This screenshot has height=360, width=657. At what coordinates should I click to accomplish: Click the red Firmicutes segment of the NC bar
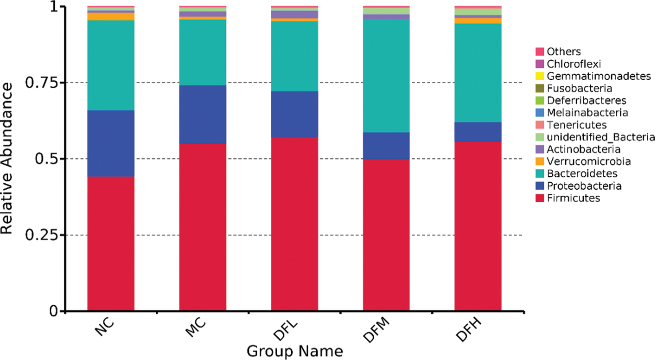pyautogui.click(x=111, y=244)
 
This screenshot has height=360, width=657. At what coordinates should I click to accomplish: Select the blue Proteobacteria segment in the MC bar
pyautogui.click(x=203, y=115)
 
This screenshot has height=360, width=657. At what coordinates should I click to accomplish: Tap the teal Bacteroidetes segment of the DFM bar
pyautogui.click(x=386, y=76)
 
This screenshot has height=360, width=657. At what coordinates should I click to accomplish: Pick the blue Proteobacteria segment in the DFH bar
pyautogui.click(x=478, y=132)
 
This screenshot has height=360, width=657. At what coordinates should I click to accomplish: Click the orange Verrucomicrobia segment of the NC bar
pyautogui.click(x=111, y=16)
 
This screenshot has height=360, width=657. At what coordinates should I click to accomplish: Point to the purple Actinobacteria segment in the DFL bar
pyautogui.click(x=294, y=15)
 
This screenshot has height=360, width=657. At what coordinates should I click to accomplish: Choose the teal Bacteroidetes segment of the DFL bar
pyautogui.click(x=294, y=56)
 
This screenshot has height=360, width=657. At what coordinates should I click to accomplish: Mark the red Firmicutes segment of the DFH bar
pyautogui.click(x=478, y=226)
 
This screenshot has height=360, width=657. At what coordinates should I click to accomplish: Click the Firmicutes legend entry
pyautogui.click(x=568, y=198)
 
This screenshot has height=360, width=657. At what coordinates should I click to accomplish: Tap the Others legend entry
pyautogui.click(x=558, y=51)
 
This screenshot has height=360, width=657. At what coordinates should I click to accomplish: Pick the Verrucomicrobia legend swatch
pyautogui.click(x=540, y=161)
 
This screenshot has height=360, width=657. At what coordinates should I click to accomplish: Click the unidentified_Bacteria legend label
pyautogui.click(x=600, y=137)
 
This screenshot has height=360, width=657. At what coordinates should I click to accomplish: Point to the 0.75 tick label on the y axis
pyautogui.click(x=42, y=83)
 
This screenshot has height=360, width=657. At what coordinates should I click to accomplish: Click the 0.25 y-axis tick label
pyautogui.click(x=42, y=235)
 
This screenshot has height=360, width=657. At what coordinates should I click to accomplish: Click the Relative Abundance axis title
pyautogui.click(x=6, y=159)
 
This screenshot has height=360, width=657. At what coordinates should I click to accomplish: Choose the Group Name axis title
pyautogui.click(x=294, y=351)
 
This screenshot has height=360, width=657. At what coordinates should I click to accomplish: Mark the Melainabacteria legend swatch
pyautogui.click(x=540, y=113)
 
